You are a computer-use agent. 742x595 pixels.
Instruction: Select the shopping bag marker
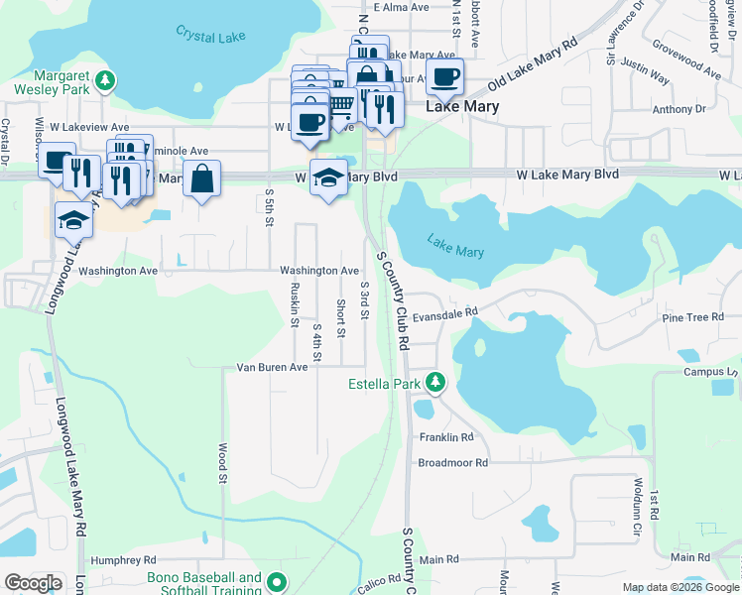point(201,178)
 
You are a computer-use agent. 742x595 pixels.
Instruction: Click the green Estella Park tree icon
point(434,382)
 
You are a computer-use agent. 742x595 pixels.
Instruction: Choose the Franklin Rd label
point(446,436)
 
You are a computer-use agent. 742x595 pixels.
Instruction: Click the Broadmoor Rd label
point(453,462)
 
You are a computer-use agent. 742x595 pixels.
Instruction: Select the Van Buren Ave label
point(272,367)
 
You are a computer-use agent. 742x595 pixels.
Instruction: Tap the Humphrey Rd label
point(124,559)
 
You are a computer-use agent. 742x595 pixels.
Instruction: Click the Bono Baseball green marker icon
point(276,583)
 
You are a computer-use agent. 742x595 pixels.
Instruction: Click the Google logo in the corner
point(33,583)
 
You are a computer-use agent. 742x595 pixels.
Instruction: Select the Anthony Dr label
point(679,110)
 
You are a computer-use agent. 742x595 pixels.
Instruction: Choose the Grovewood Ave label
point(685,59)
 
